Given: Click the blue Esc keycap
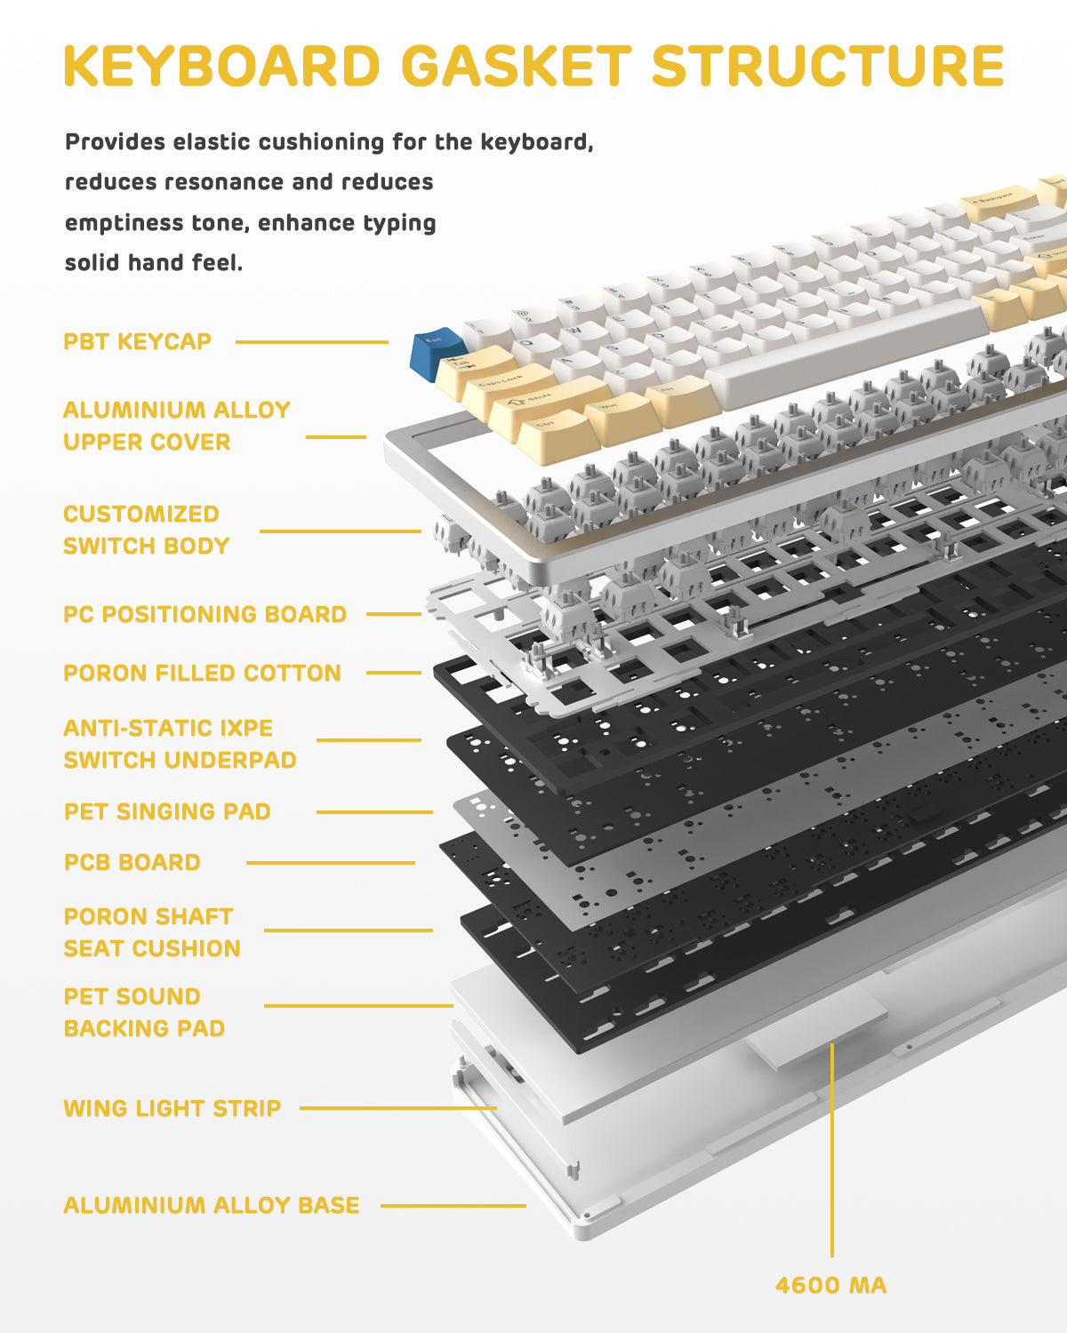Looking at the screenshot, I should point(436,348).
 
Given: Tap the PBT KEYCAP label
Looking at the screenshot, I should point(138,341).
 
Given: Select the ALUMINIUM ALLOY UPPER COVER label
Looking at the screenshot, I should point(177,426).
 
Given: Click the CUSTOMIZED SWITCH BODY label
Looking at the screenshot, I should point(147,530).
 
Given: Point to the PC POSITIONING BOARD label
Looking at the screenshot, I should point(205,614).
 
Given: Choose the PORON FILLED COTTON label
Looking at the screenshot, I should point(203,673).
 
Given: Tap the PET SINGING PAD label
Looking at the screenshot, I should point(167,811).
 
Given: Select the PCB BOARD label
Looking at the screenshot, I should point(132,862).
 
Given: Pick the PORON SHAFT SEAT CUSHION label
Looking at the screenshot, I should point(152,932).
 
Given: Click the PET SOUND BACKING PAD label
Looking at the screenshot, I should point(144,1012).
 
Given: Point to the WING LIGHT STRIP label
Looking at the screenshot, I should point(172,1108).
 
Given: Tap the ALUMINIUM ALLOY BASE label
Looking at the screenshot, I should point(212,1205).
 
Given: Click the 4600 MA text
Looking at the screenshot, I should point(831,1285).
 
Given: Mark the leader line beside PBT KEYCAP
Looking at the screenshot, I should point(311,341).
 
